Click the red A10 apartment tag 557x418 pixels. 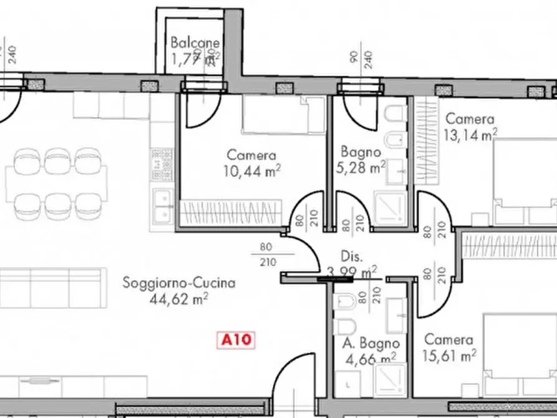[x=236, y=340]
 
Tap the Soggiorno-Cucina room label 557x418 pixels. [x=179, y=283]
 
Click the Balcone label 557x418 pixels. [x=195, y=43]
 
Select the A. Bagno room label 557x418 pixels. [x=371, y=343]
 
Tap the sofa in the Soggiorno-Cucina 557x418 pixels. [x=50, y=287]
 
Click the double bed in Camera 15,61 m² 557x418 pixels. [x=521, y=356]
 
